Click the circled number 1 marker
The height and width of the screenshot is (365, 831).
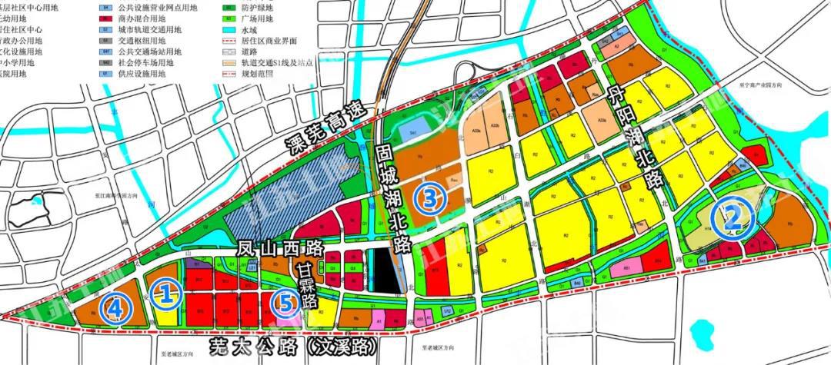(165, 291)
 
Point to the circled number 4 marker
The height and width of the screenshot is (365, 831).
(115, 309)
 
